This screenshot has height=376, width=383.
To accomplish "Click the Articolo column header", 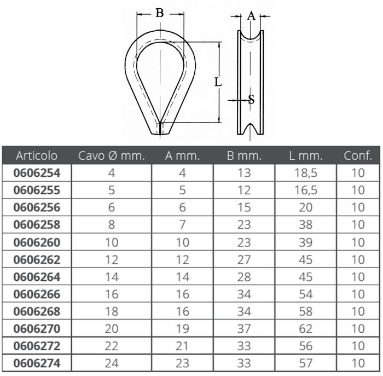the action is tap(37, 155).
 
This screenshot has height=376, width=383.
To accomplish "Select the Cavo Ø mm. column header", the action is tap(112, 155).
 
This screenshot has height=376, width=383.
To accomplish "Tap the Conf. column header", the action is tap(358, 155).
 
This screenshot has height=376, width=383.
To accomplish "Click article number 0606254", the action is tap(37, 173).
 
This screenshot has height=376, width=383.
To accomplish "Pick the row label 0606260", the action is tap(37, 242).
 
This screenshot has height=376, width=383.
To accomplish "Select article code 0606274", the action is tap(37, 363).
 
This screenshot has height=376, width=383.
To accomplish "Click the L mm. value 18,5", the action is tap(306, 173).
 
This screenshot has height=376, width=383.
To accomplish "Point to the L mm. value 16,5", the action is tap(306, 190).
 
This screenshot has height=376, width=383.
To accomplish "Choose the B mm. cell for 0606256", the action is tap(244, 207).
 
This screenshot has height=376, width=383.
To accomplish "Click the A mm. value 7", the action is tap(182, 225).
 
